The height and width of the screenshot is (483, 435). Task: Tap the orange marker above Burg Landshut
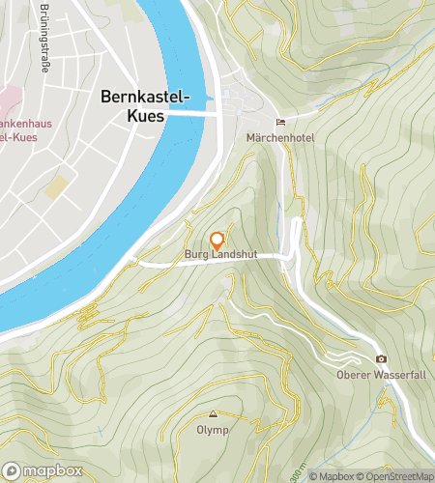pos(217,241)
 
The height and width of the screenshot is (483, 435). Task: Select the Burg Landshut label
pos(217,256)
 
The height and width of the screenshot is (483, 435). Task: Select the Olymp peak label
pos(213,430)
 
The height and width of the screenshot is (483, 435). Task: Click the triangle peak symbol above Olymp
pos(213,413)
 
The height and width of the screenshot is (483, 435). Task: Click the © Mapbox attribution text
pos(332,476)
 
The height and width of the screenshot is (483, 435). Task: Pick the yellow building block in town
pos(59,186)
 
